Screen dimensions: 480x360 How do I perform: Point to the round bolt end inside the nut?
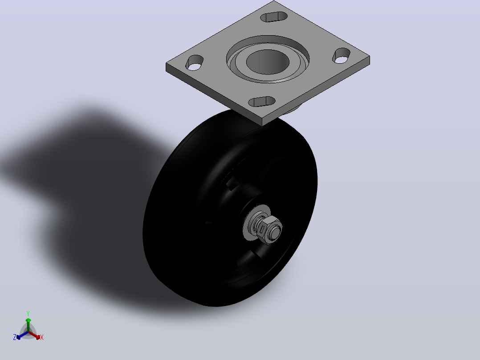click(276, 232)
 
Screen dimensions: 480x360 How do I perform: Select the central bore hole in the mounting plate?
click(268, 62)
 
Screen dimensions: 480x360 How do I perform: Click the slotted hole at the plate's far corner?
click(274, 17)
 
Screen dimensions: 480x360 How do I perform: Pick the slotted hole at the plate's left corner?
click(195, 63)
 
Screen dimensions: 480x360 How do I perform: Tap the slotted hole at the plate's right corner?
click(342, 56)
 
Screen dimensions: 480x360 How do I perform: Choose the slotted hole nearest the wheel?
click(262, 102)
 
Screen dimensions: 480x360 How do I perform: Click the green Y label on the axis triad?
click(28, 313)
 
